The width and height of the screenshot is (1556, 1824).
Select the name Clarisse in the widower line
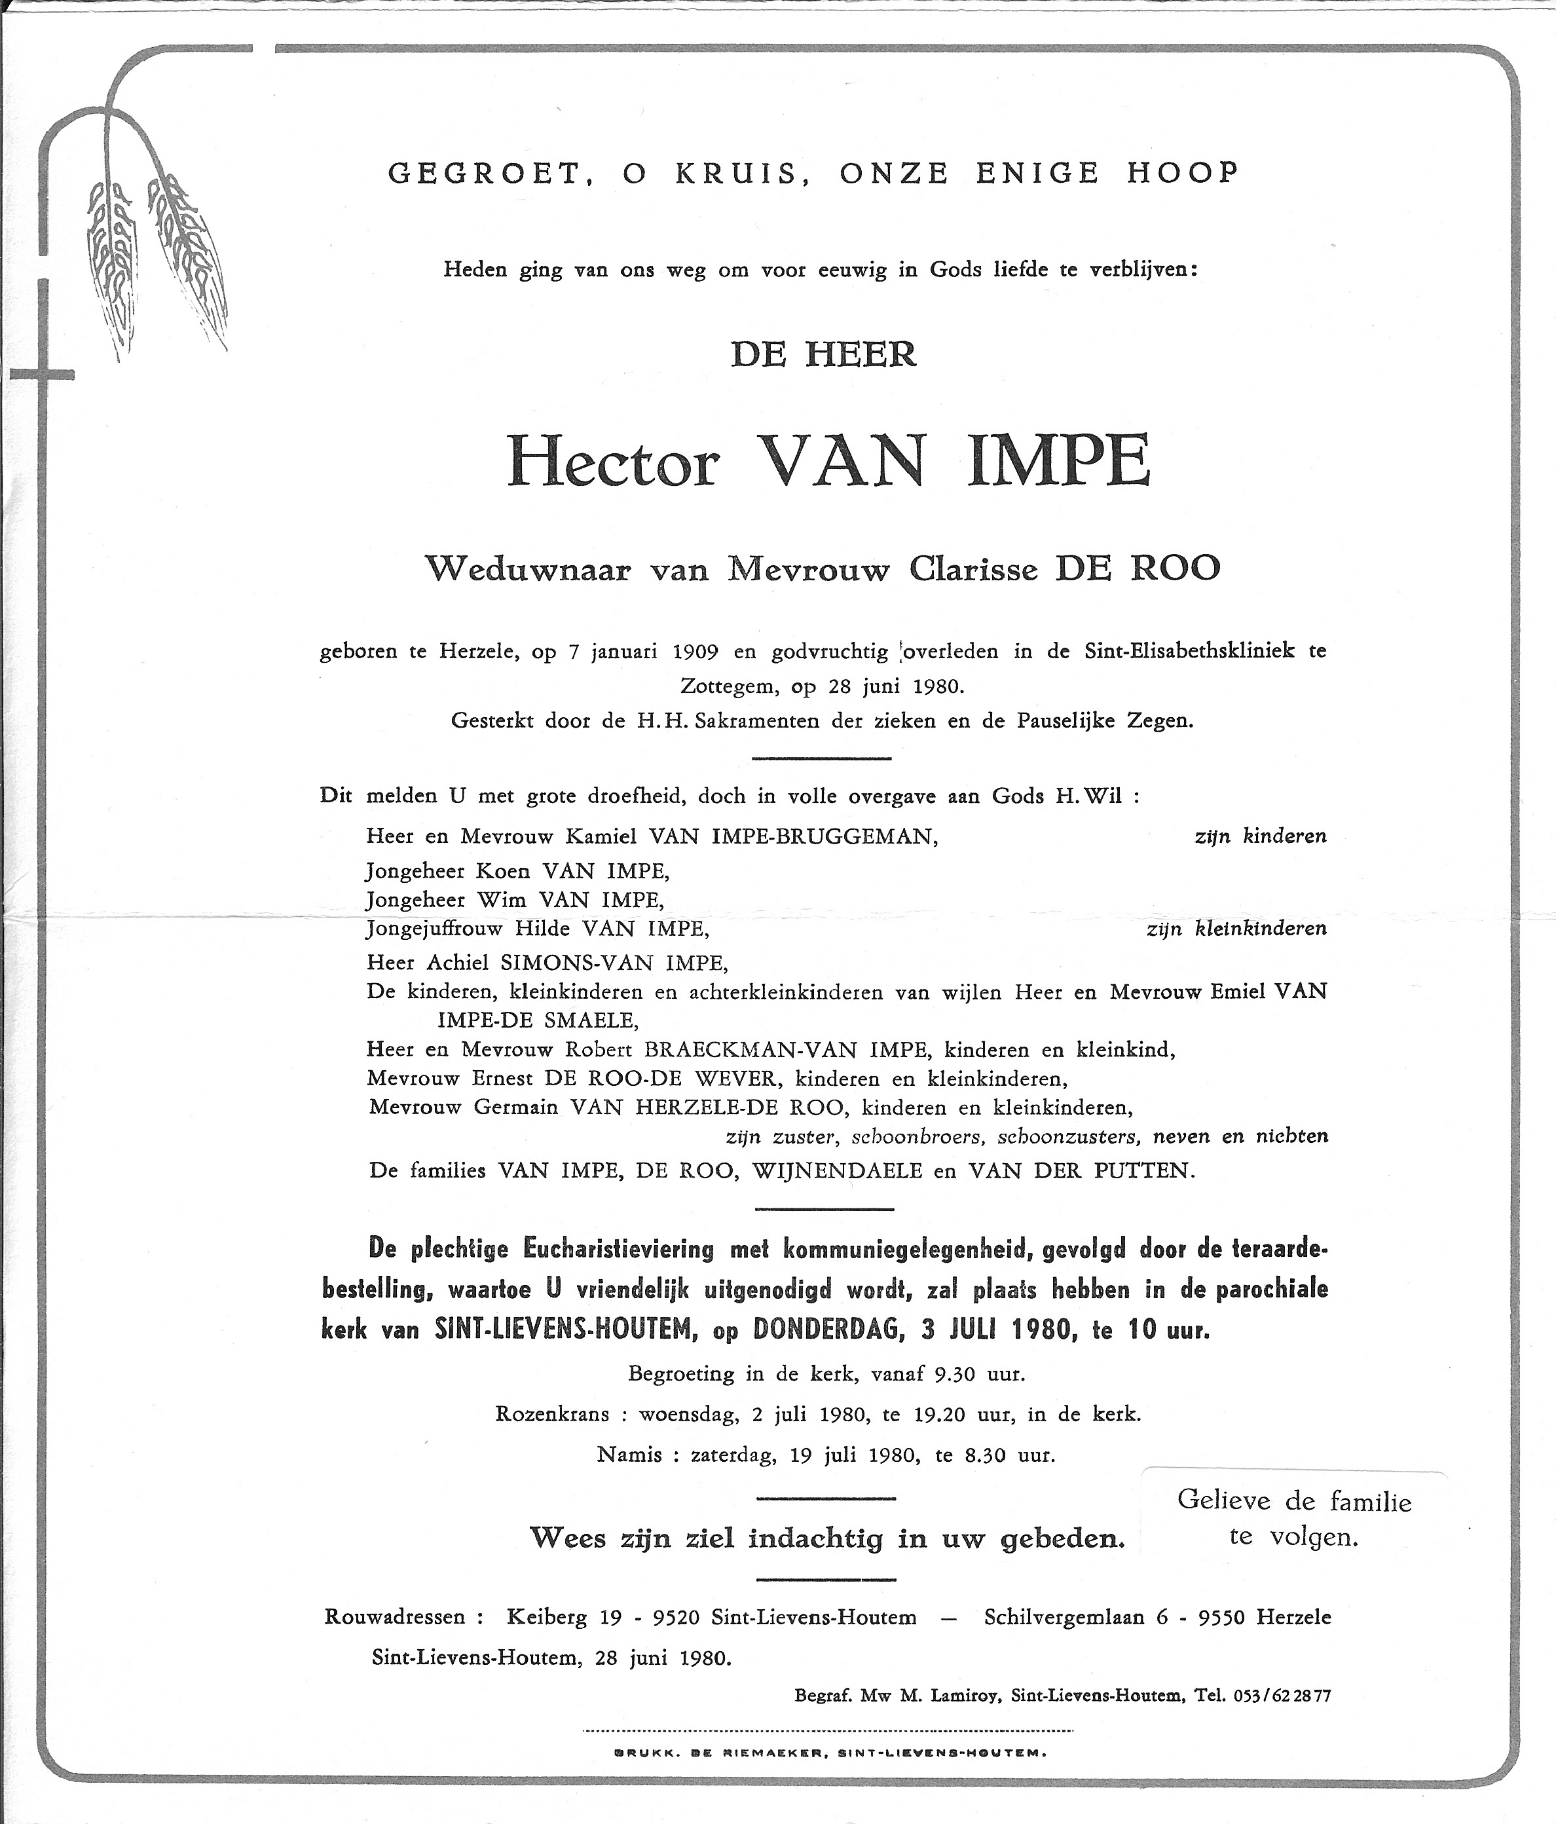974,570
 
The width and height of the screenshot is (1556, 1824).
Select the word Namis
629,1454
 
